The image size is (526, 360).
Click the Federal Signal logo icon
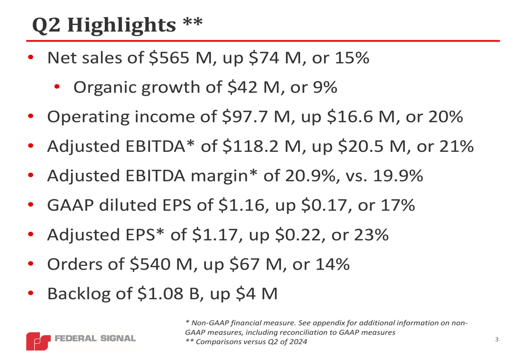click(x=38, y=341)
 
